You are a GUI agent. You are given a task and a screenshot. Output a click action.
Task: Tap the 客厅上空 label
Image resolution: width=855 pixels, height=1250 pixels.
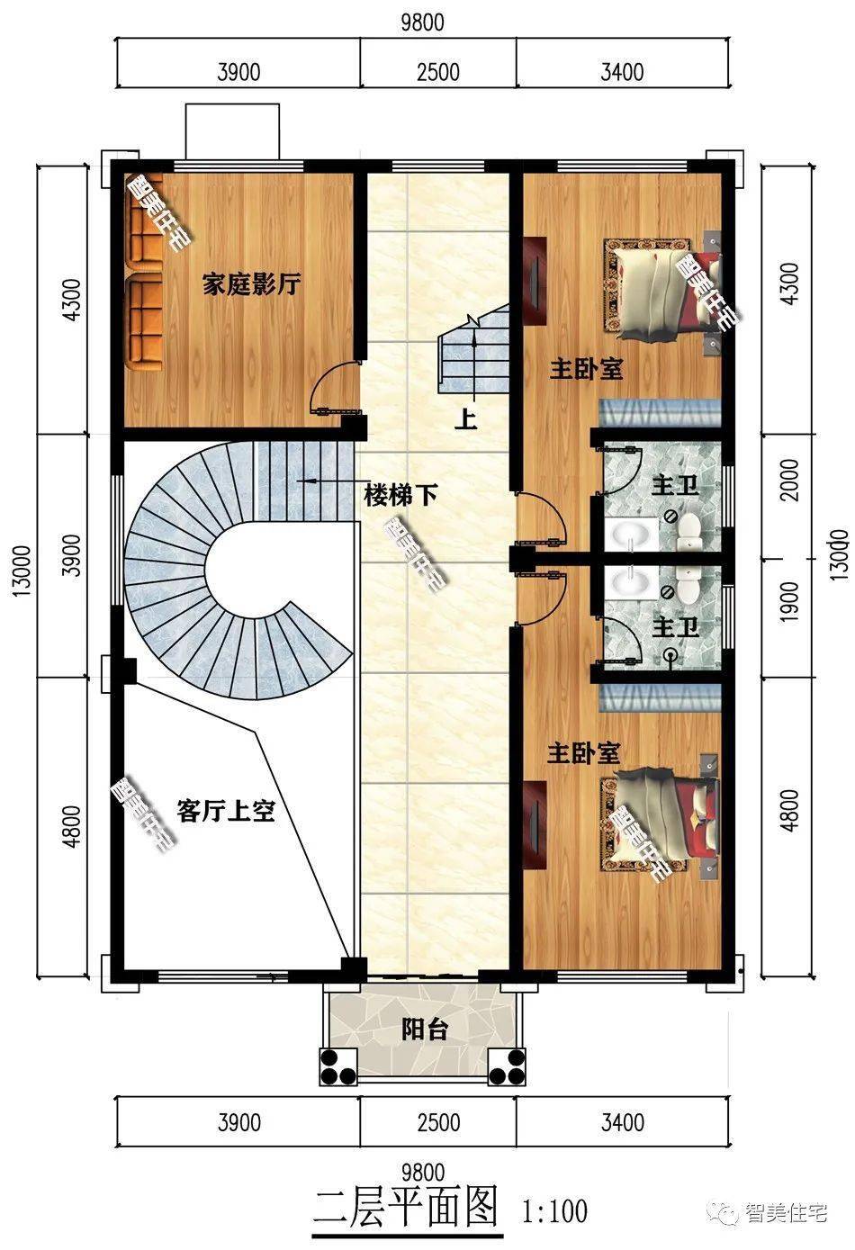click(226, 811)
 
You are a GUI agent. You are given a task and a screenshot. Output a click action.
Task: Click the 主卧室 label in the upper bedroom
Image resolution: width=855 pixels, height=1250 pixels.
click(587, 369)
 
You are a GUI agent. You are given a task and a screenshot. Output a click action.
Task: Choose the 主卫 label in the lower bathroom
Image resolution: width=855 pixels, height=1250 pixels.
click(675, 626)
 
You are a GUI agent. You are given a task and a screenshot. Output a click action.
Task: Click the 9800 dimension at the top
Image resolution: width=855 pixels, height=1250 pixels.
click(422, 22)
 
